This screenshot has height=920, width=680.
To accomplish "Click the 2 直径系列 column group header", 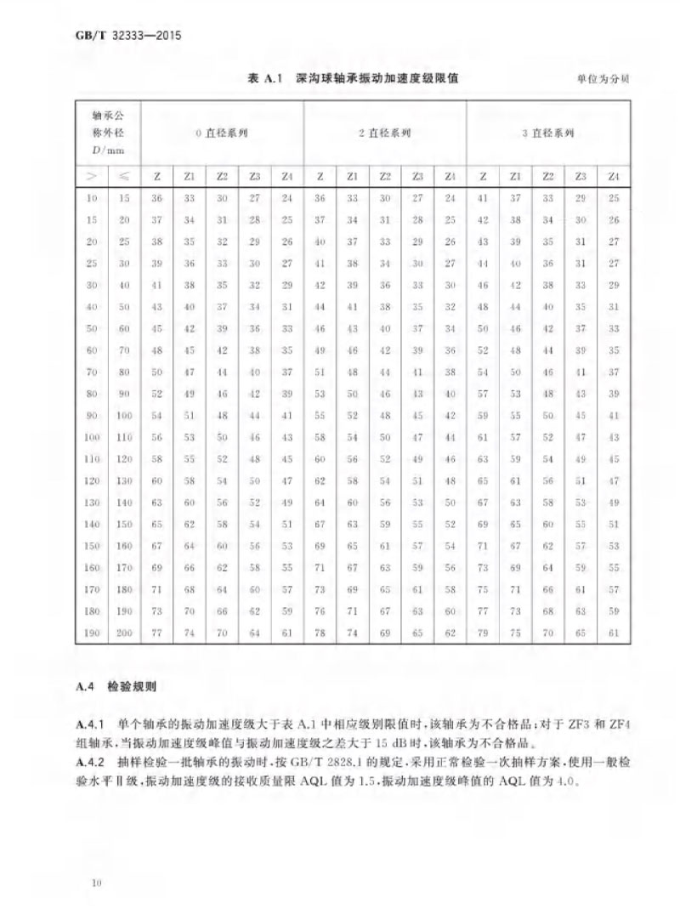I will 384,133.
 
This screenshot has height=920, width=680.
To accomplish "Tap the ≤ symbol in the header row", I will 124,176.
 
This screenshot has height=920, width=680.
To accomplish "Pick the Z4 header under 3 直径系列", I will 612,176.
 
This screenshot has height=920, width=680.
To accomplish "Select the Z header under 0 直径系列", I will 156,176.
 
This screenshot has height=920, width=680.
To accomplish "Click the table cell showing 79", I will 483,633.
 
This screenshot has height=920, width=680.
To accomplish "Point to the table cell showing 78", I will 320,633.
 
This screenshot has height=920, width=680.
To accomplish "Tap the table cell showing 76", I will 320,610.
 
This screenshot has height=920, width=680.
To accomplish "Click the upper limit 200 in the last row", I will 124,633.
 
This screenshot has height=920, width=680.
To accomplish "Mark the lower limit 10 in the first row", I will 92,198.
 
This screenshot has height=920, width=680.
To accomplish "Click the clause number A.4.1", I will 88,724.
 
